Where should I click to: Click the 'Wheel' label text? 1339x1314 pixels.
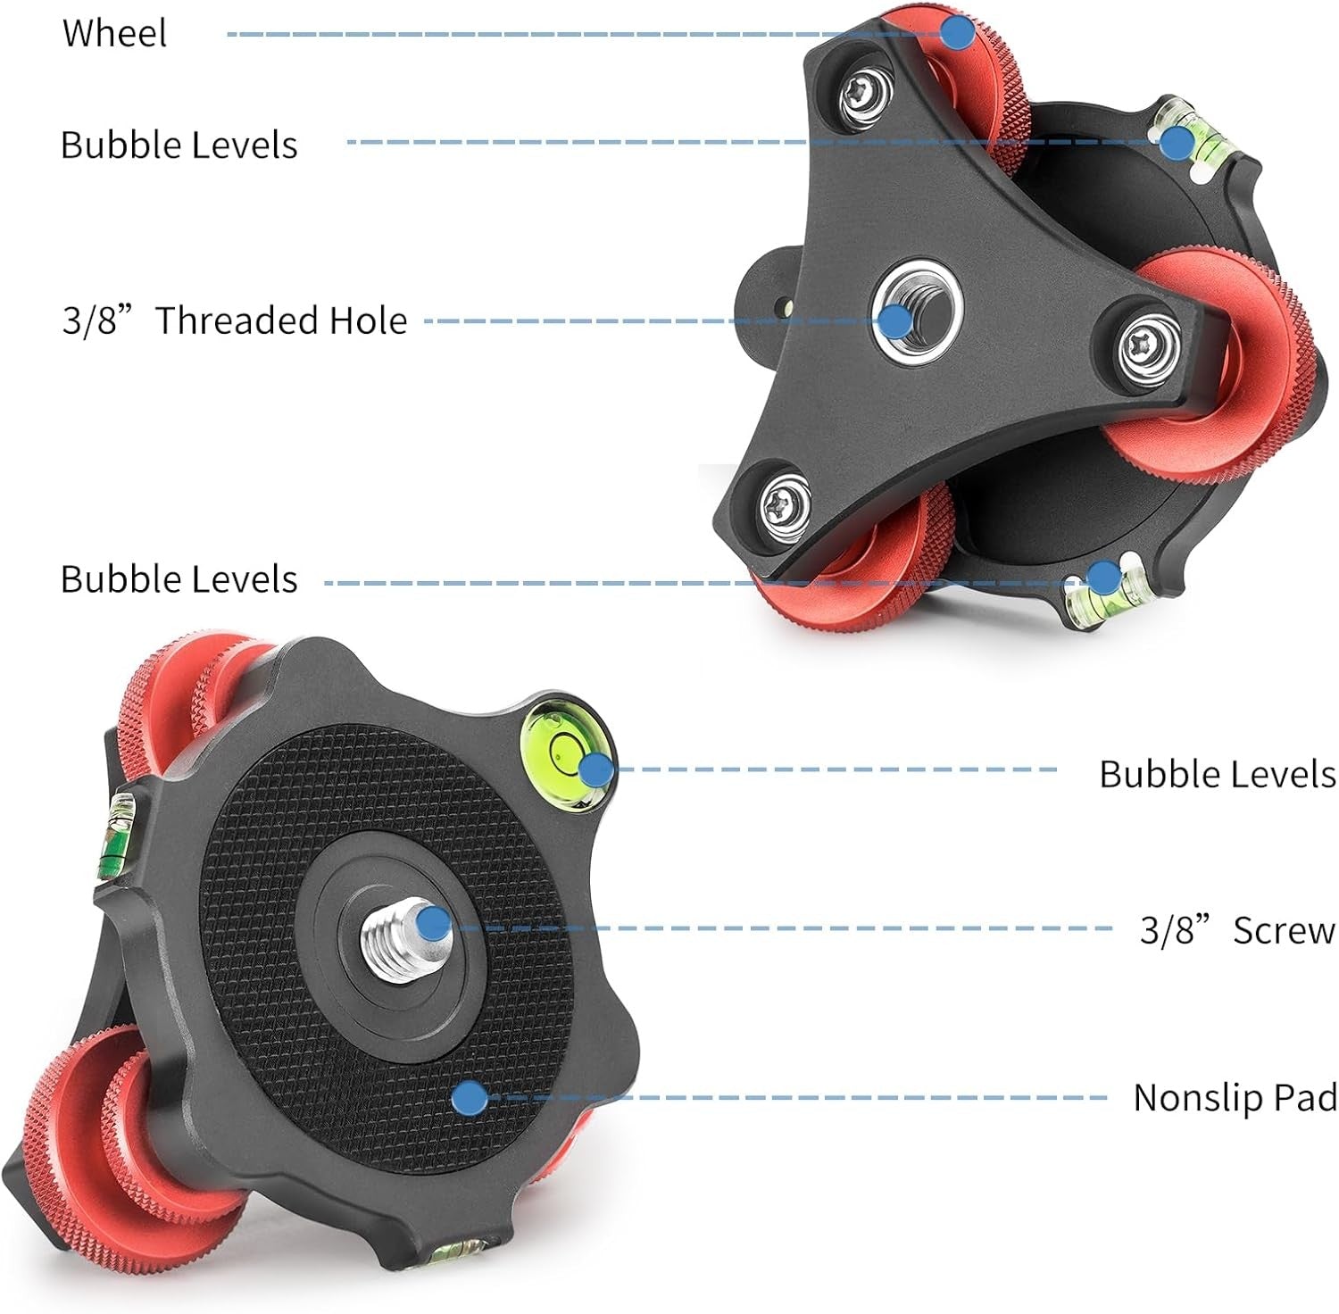[x=114, y=33]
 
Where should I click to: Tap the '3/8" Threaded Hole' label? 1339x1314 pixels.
[x=234, y=320]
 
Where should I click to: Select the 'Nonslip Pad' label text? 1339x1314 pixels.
[x=1235, y=1097]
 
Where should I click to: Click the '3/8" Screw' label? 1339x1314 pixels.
[x=1237, y=930]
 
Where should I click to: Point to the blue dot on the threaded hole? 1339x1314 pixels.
[x=894, y=320]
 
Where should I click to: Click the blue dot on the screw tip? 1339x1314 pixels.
[x=433, y=922]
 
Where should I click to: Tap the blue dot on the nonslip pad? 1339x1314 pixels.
[x=470, y=1098]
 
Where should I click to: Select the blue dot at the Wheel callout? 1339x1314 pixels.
[x=957, y=33]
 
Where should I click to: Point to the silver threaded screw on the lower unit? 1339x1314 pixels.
[x=397, y=933]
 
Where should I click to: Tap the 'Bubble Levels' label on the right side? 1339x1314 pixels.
[x=1217, y=773]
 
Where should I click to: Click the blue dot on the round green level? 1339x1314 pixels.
[x=595, y=769]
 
